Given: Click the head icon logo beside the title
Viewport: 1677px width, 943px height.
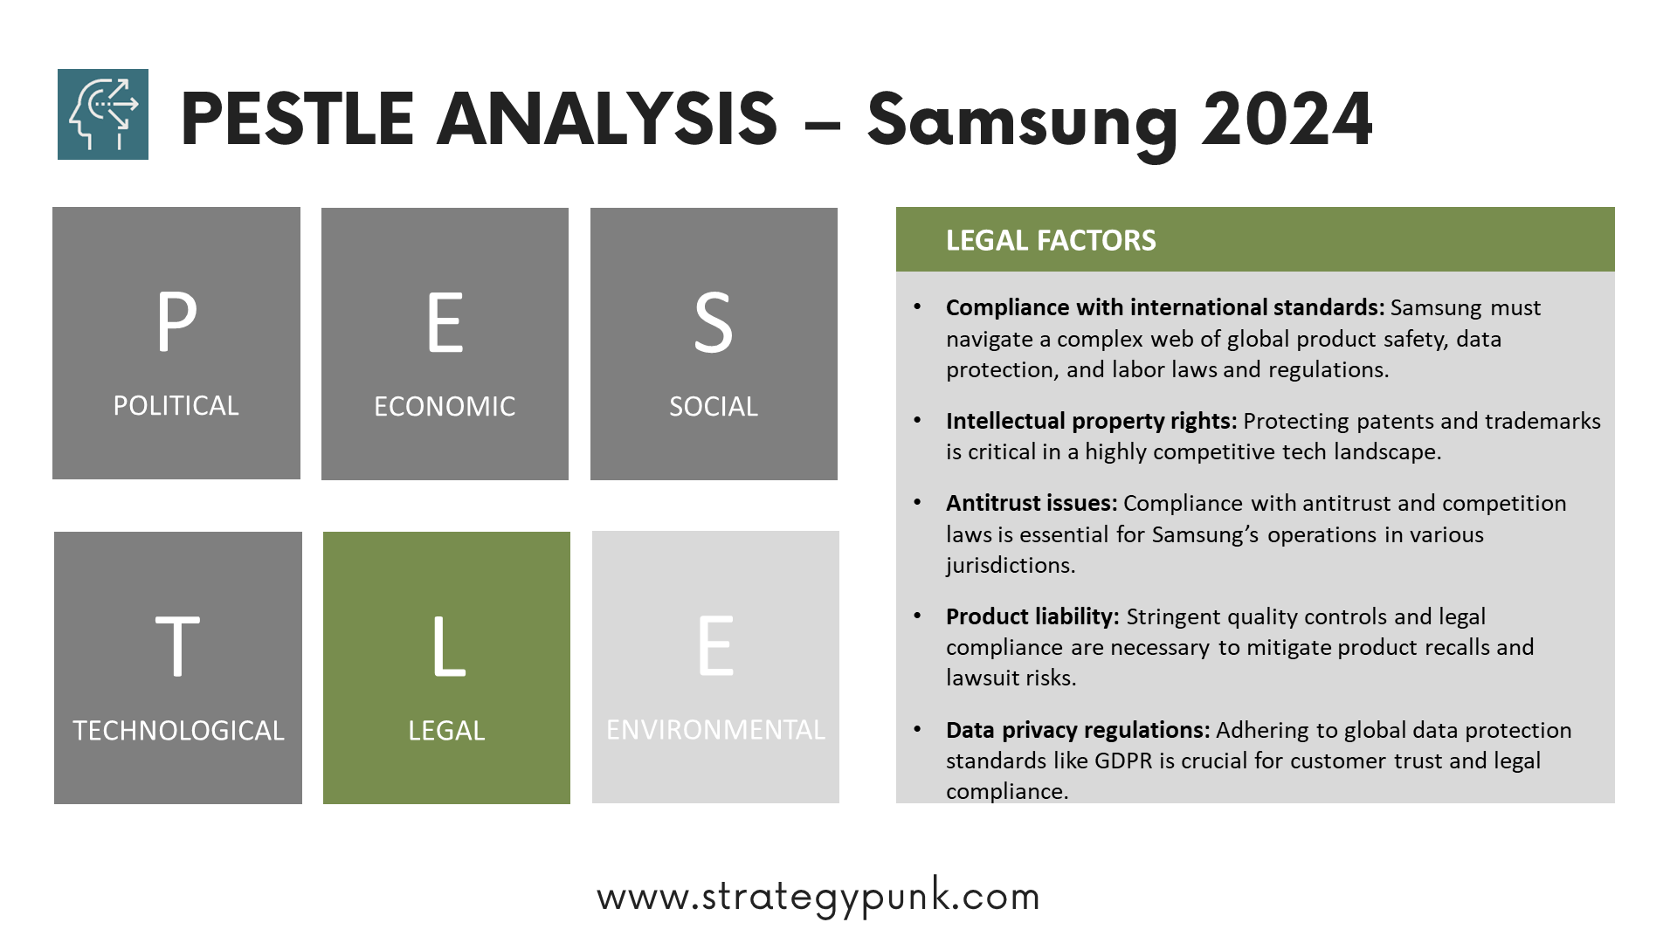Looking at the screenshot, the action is [x=103, y=114].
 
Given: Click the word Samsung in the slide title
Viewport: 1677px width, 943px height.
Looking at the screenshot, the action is [x=1022, y=122].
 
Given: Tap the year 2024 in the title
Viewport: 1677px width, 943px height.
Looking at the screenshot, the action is [x=1287, y=119].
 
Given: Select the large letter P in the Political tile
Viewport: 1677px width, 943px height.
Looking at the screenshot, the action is [x=177, y=321].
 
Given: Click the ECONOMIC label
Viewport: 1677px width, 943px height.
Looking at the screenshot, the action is [x=445, y=406].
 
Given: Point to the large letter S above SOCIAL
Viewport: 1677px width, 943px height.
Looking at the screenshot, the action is [x=714, y=323].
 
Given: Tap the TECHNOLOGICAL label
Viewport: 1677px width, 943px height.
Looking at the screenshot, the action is [x=178, y=730].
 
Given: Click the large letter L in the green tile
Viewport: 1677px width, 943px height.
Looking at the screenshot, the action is [x=449, y=646].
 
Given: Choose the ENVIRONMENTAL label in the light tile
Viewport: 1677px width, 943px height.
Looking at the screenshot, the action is [x=715, y=729].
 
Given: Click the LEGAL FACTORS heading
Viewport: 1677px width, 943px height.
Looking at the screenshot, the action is [x=1051, y=240].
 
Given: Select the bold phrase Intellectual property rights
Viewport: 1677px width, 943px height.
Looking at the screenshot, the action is [x=1091, y=421].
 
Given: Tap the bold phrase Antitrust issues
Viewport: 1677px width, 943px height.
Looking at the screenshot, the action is [x=1032, y=503].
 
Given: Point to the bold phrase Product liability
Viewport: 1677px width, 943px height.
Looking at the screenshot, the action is [x=1032, y=616].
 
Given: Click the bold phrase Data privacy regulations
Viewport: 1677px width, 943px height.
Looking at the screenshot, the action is [x=1078, y=730].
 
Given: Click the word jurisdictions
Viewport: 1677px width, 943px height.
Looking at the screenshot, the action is [x=1011, y=565].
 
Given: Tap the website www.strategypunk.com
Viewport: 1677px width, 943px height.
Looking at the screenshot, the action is [x=818, y=897].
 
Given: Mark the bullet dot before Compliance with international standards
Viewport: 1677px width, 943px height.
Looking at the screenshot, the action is [x=917, y=306].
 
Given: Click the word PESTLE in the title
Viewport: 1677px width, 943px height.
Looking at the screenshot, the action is [x=297, y=119].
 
